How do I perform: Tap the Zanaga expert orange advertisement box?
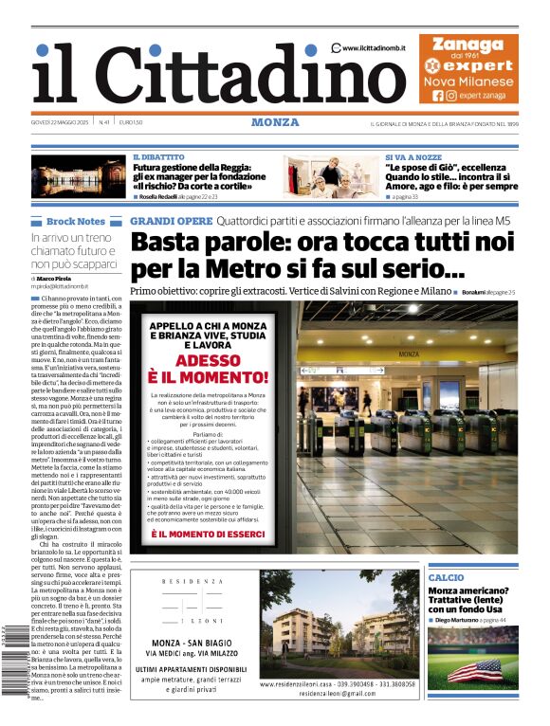tap(468, 68)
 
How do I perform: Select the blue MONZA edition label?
tap(275, 122)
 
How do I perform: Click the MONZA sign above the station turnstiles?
tap(409, 354)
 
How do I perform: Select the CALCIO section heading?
tap(446, 577)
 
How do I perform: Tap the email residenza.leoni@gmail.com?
tap(337, 694)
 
